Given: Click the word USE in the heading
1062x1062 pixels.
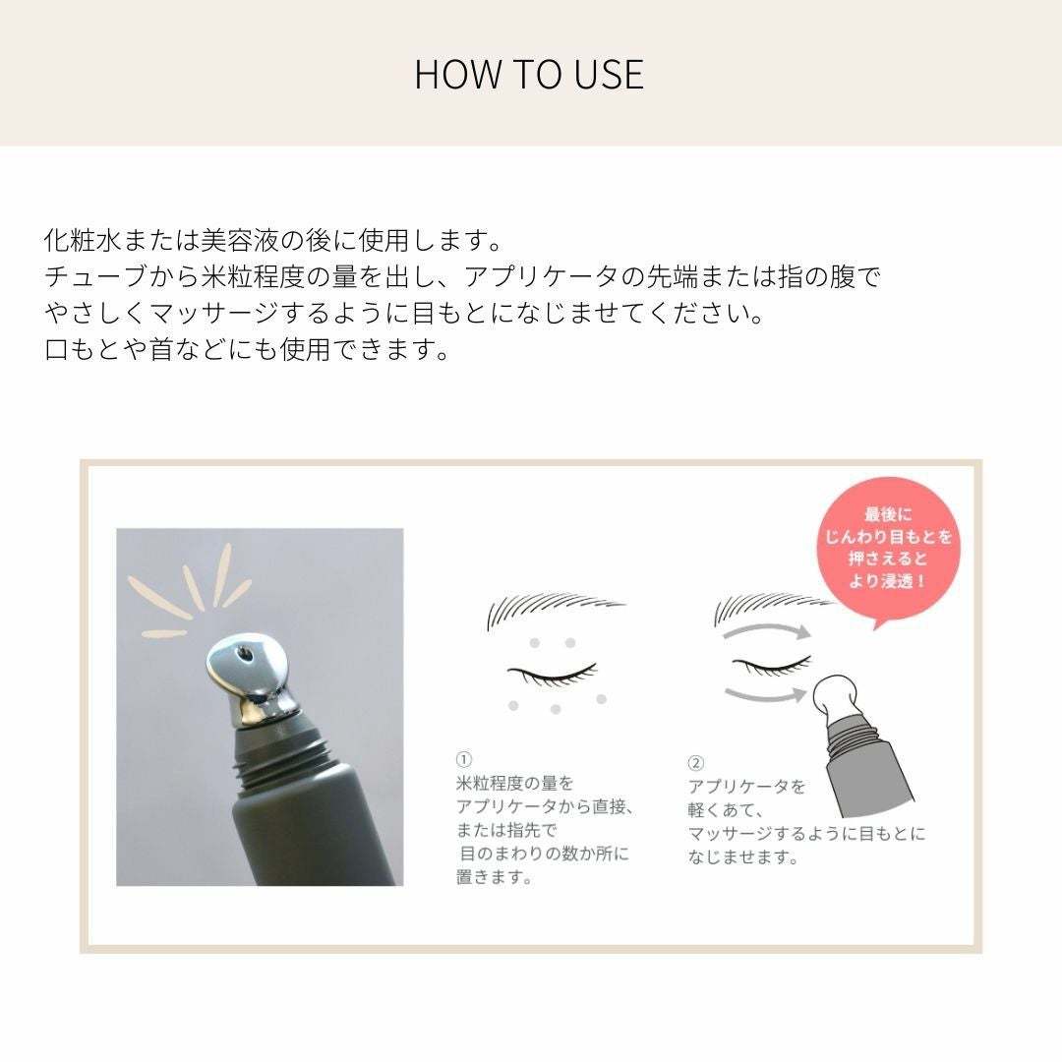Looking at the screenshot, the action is pos(609,75).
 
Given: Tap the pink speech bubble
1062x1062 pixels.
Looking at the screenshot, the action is pos(887,549).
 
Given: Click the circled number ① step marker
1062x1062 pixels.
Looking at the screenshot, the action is pos(464,759).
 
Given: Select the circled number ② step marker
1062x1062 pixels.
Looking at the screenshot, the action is pos(695,763).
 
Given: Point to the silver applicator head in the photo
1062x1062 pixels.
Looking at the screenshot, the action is pos(252,679).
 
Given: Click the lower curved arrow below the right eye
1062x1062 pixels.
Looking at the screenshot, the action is pos(765,694).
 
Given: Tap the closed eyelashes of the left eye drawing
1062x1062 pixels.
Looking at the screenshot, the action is pos(552,675).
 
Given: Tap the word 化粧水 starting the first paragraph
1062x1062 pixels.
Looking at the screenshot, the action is pos(83,241).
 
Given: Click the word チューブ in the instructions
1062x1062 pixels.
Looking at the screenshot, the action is pos(95,276).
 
